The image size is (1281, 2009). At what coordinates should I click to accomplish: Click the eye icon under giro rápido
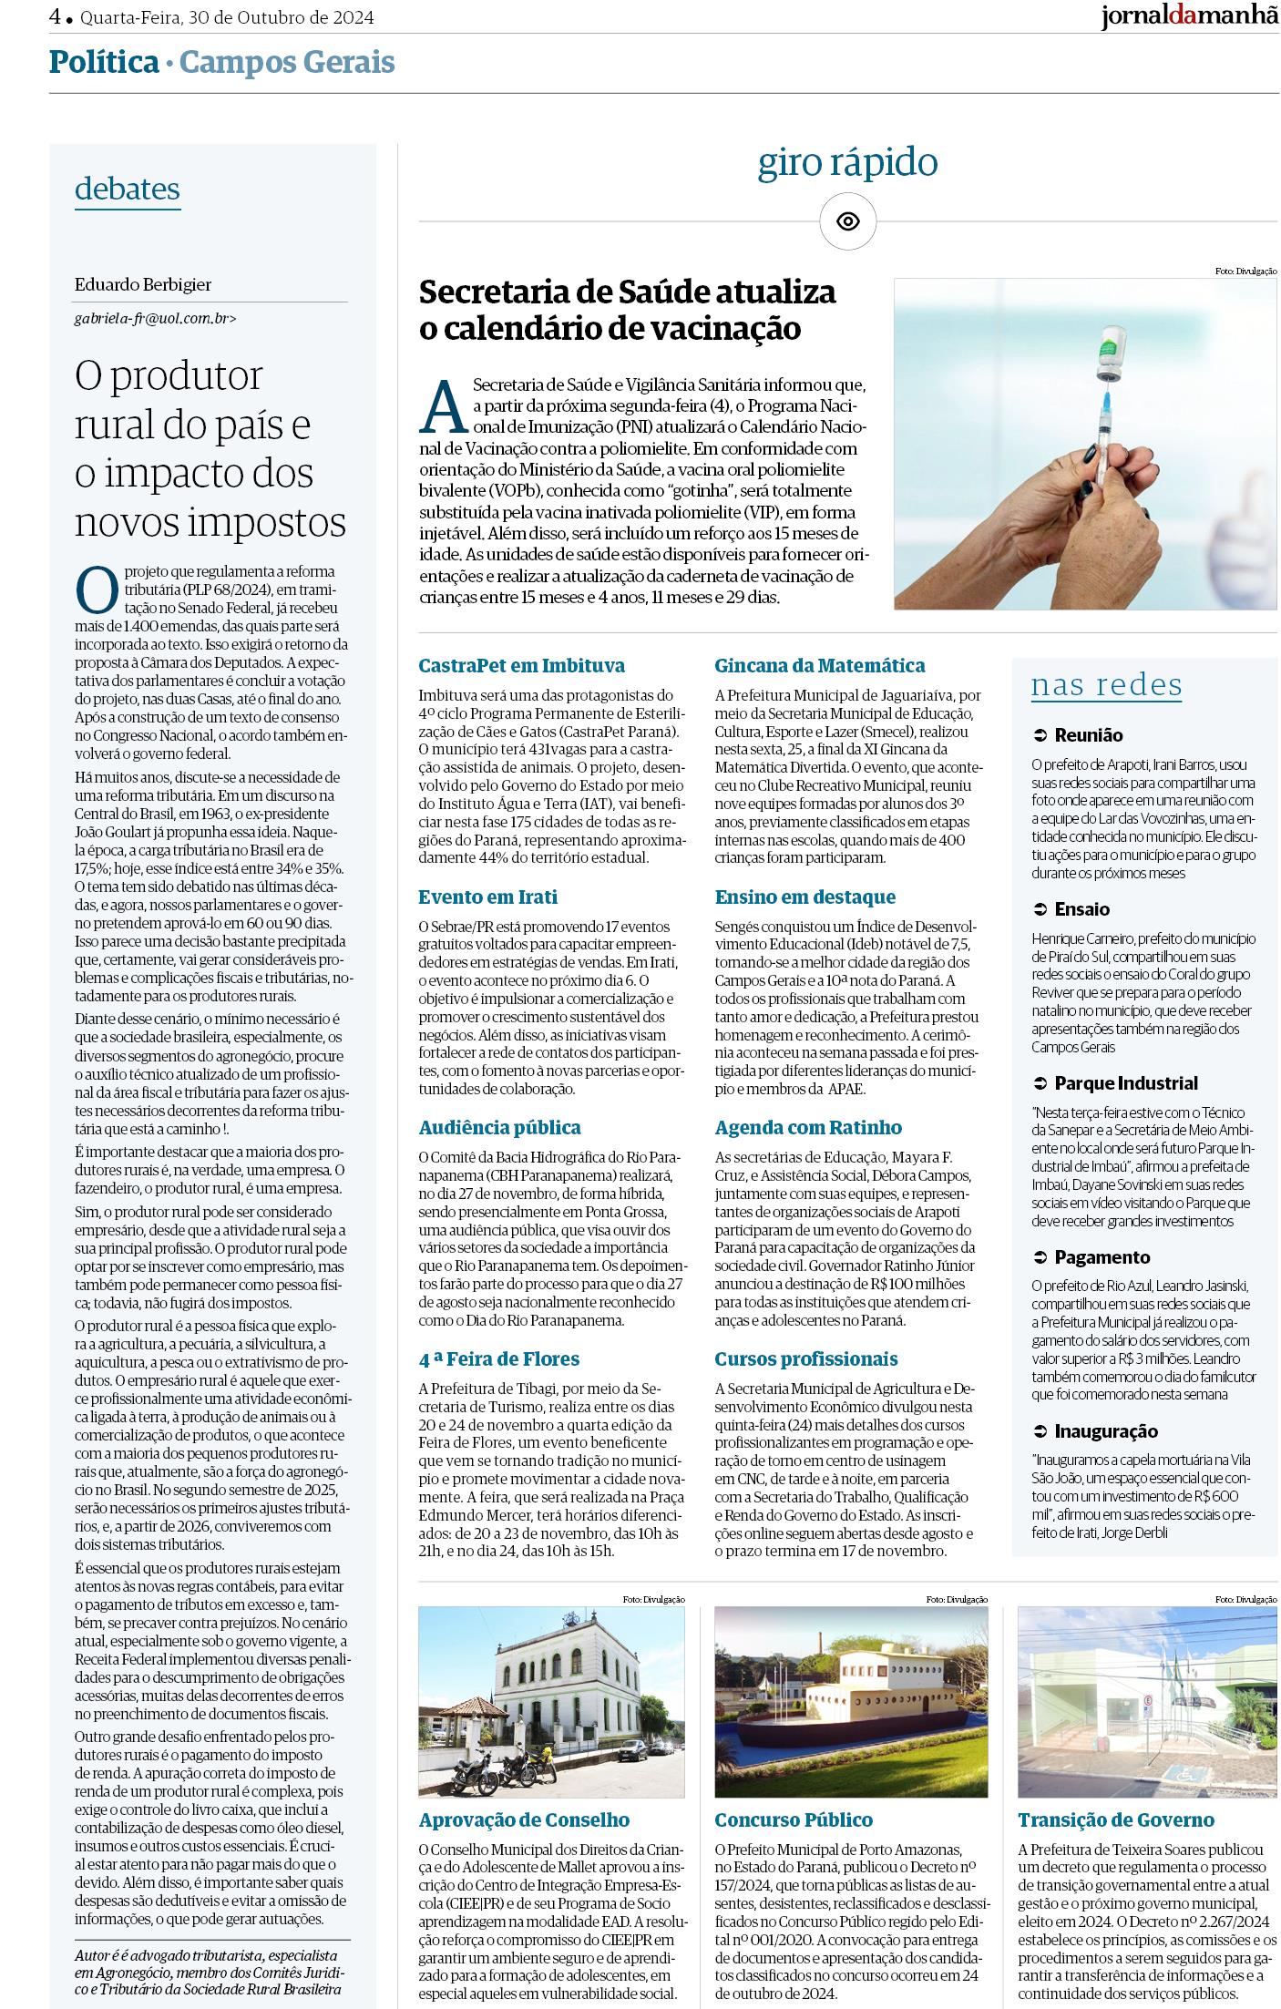[847, 221]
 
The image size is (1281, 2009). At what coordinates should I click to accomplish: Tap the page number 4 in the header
[56, 16]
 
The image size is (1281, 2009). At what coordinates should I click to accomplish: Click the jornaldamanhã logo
[1189, 17]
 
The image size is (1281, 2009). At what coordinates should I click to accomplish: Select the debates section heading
[128, 189]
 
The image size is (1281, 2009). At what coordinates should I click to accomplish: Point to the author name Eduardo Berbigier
[143, 285]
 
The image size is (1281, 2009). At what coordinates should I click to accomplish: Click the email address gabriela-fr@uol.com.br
[155, 319]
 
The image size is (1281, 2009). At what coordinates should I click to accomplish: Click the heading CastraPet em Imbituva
[522, 665]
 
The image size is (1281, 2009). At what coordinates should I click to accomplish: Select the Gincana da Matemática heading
[819, 665]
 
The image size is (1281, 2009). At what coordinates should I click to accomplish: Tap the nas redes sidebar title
[1106, 685]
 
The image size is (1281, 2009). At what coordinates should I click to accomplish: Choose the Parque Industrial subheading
[1126, 1083]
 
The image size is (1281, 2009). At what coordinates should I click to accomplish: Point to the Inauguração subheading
[1106, 1431]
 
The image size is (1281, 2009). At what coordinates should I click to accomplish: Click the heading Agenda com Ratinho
[808, 1128]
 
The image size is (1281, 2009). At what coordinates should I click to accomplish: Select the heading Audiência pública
[499, 1128]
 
